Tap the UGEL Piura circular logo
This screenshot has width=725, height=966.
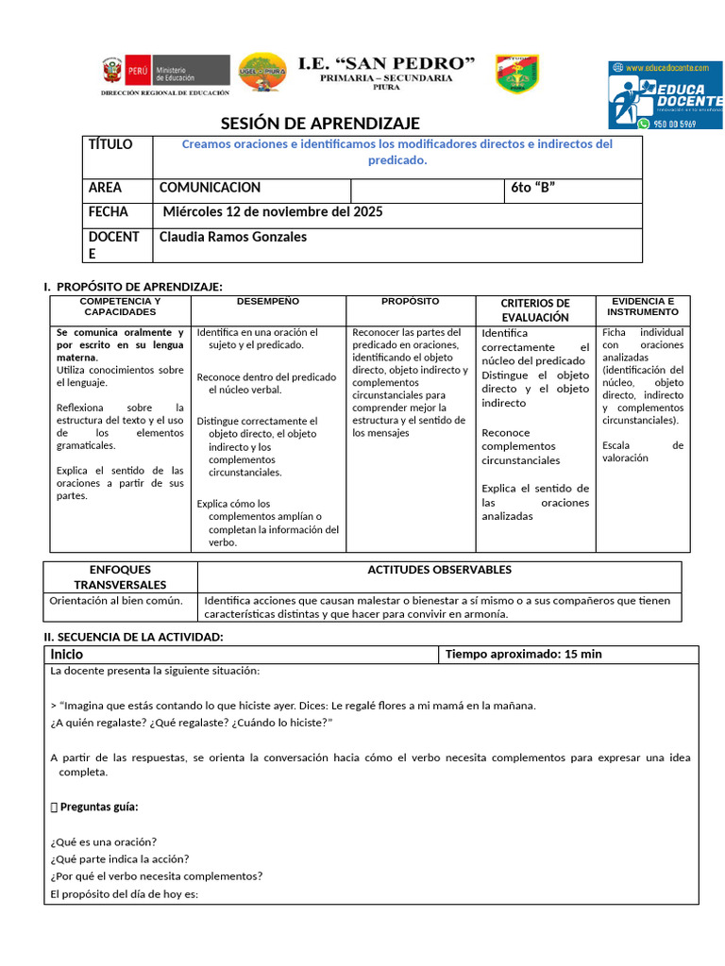coord(263,72)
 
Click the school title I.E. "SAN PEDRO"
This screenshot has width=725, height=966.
coord(386,63)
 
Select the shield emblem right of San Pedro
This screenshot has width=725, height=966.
coord(517,73)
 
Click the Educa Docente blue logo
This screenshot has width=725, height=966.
coord(666,94)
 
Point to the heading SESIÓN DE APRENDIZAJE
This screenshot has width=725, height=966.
coord(320,124)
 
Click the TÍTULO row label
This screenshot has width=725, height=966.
coord(110,144)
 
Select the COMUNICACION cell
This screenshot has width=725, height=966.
coord(210,188)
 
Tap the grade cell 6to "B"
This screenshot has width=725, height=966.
coord(532,188)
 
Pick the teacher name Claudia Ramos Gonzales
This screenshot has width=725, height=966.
coord(233,237)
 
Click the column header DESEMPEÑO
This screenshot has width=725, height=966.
coord(268,301)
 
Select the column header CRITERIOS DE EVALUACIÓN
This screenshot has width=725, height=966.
coord(534,309)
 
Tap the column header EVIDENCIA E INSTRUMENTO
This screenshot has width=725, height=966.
coord(642,306)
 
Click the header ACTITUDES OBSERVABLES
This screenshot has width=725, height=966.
coord(439,570)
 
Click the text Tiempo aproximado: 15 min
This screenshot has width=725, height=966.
coord(523,654)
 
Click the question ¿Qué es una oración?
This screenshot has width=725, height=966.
coord(103,841)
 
